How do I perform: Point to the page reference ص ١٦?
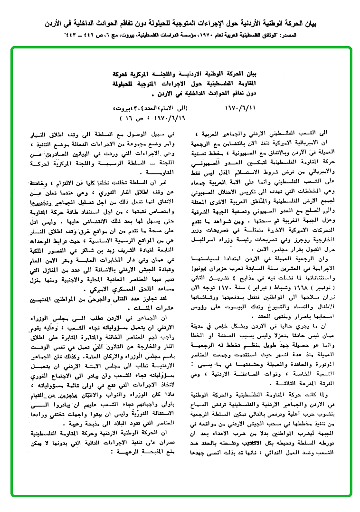pos(135,116)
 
